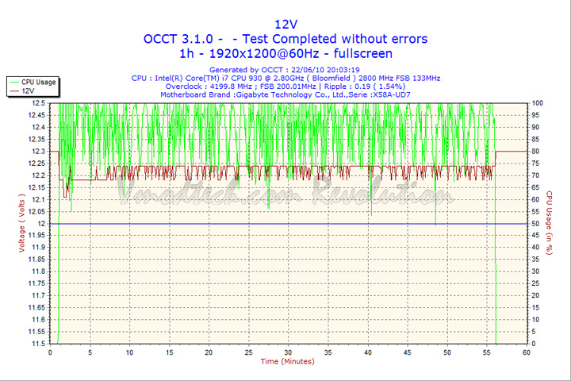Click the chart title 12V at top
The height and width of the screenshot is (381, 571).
285,23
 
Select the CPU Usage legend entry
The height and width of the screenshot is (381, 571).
37,82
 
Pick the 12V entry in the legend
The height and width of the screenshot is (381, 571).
28,91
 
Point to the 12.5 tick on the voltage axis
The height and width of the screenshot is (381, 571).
37,103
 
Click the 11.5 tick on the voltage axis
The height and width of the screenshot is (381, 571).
37,344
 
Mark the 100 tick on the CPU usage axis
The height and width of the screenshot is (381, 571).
537,103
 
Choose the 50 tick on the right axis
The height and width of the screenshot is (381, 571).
535,224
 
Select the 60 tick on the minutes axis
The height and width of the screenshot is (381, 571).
526,352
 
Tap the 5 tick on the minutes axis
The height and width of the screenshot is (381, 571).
90,352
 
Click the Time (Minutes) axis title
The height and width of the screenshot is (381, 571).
288,362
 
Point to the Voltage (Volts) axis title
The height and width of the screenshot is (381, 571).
21,224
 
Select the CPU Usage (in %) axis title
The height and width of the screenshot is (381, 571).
549,223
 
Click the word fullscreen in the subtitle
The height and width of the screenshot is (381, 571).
361,54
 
